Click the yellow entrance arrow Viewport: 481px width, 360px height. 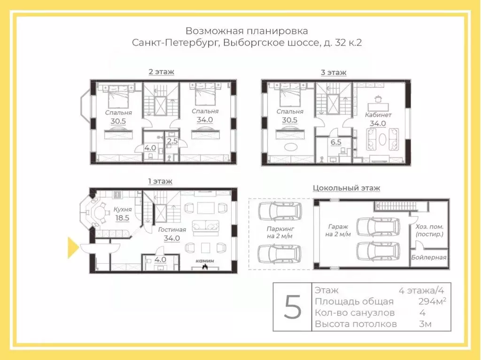click(x=73, y=248)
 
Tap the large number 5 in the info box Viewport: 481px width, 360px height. click(x=293, y=307)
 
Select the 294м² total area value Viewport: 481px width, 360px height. click(x=432, y=302)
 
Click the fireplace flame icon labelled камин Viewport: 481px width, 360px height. click(x=205, y=267)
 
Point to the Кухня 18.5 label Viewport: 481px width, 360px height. click(x=122, y=214)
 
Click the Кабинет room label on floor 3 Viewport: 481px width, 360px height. click(x=378, y=115)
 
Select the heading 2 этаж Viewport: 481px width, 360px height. click(x=161, y=72)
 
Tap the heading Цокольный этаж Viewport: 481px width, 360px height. click(x=346, y=188)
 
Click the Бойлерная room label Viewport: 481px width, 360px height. click(x=428, y=257)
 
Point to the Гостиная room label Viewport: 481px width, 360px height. click(x=172, y=230)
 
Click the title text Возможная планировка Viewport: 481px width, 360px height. click(x=247, y=31)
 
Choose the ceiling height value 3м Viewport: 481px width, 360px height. click(x=425, y=324)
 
